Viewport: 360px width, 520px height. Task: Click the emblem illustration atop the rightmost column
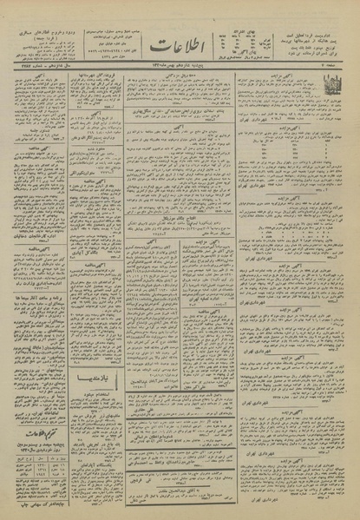click(x=331, y=87)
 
